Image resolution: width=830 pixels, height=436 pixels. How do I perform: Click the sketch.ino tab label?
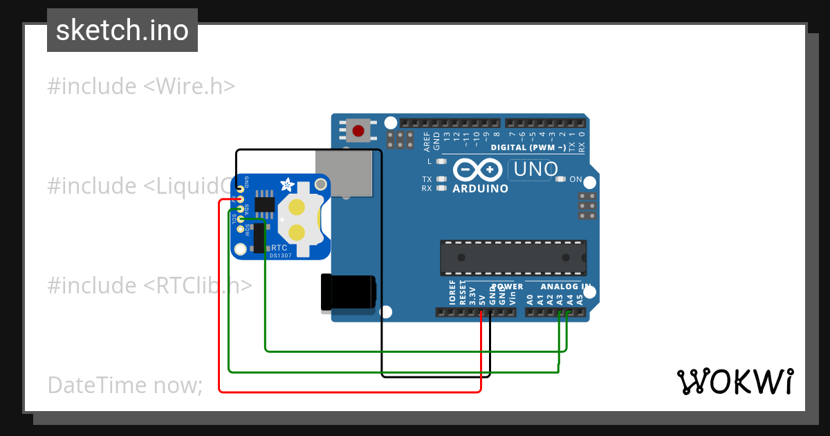[x=122, y=30]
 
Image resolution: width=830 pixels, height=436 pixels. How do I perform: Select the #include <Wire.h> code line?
[x=141, y=87]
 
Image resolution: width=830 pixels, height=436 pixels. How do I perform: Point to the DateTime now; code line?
[x=124, y=385]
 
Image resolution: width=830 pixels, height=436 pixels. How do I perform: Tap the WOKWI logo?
[x=735, y=381]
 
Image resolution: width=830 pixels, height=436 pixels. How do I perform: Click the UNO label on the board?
[x=533, y=170]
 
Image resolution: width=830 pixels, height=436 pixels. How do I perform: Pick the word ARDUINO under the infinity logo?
[x=480, y=188]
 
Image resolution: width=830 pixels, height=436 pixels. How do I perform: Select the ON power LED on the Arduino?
[x=561, y=179]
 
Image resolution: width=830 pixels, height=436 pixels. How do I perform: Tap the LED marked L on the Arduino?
[x=441, y=161]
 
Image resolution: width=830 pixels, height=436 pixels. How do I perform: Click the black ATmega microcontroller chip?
[x=513, y=257]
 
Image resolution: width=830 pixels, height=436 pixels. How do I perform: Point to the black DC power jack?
[x=348, y=291]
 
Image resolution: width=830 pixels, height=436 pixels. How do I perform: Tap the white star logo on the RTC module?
[x=286, y=184]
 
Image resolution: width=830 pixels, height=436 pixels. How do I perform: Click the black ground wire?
[x=382, y=277]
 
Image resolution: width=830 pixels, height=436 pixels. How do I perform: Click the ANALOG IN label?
[x=565, y=287]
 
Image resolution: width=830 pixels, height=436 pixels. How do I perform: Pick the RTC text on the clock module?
[x=279, y=247]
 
